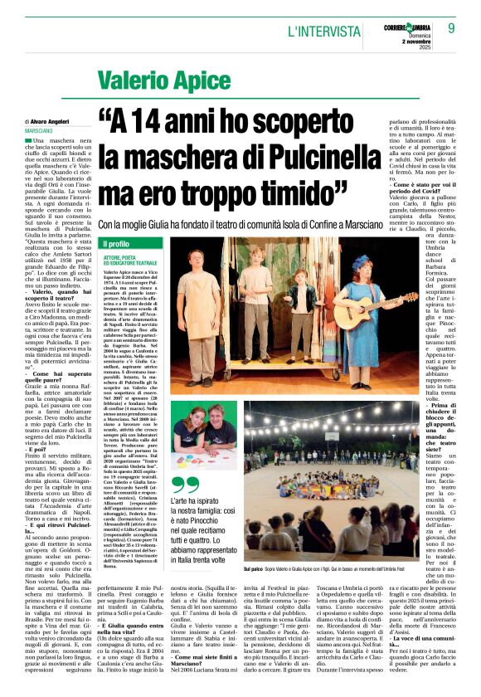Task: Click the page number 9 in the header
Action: (x=451, y=27)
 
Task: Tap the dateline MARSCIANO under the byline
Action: (x=39, y=132)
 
